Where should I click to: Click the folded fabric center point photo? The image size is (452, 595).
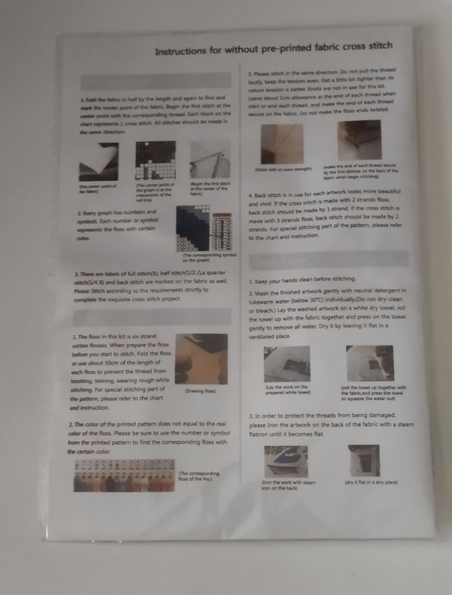click(x=99, y=162)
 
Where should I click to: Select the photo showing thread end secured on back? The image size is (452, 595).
click(x=359, y=140)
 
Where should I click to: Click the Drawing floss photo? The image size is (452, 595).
click(x=201, y=360)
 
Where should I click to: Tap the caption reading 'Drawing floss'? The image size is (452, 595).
click(x=200, y=391)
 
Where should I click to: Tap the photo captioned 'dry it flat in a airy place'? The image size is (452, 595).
click(x=364, y=460)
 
